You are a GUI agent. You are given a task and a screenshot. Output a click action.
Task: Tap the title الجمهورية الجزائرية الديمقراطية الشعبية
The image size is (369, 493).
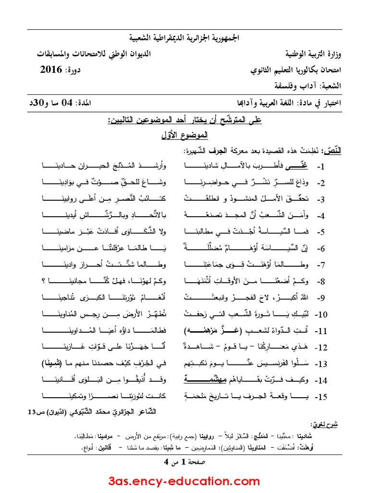(184, 38)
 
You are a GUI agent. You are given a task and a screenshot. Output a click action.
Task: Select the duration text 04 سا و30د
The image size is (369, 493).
(52, 104)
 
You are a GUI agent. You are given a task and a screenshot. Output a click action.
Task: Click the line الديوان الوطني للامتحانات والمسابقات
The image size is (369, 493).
(93, 53)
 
